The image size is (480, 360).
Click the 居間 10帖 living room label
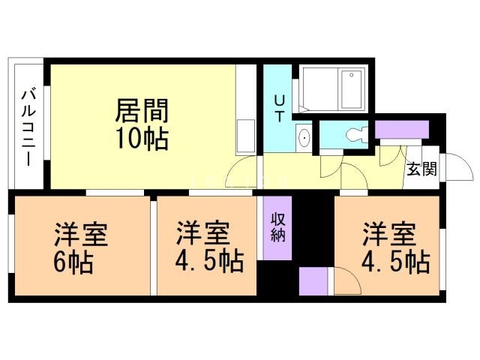coord(142,124)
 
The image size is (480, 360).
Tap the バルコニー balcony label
coord(29,127)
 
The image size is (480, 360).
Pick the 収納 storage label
coord(277,226)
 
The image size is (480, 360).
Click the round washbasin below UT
coord(304,138)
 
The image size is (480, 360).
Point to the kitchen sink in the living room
coord(244,134)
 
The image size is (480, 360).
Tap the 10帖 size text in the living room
coord(142,139)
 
